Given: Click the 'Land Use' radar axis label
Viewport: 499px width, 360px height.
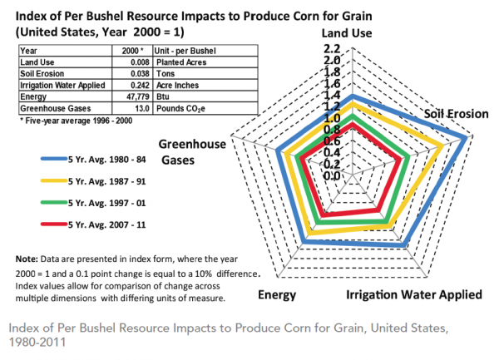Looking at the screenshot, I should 353,32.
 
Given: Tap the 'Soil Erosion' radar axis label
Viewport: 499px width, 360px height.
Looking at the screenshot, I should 454,112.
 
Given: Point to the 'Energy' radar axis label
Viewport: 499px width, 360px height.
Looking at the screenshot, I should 276,294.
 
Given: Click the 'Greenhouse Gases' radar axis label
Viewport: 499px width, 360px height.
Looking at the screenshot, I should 193,150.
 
